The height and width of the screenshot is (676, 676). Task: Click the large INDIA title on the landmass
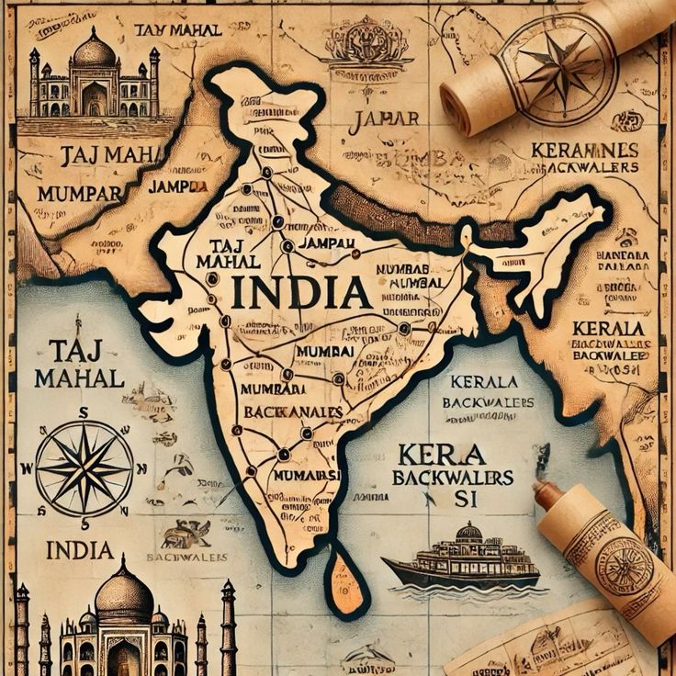300,292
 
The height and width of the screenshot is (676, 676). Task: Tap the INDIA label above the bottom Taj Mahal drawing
79,550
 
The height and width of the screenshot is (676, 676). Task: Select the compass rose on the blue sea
84,467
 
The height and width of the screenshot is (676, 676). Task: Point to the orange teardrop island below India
346,581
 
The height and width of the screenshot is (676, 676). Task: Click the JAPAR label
385,118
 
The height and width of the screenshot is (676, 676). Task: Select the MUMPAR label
78,194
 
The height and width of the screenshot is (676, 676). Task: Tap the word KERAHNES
586,149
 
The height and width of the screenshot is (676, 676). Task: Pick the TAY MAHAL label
178,30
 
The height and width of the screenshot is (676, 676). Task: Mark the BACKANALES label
293,411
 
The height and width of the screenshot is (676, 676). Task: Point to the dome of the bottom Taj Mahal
124,592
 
